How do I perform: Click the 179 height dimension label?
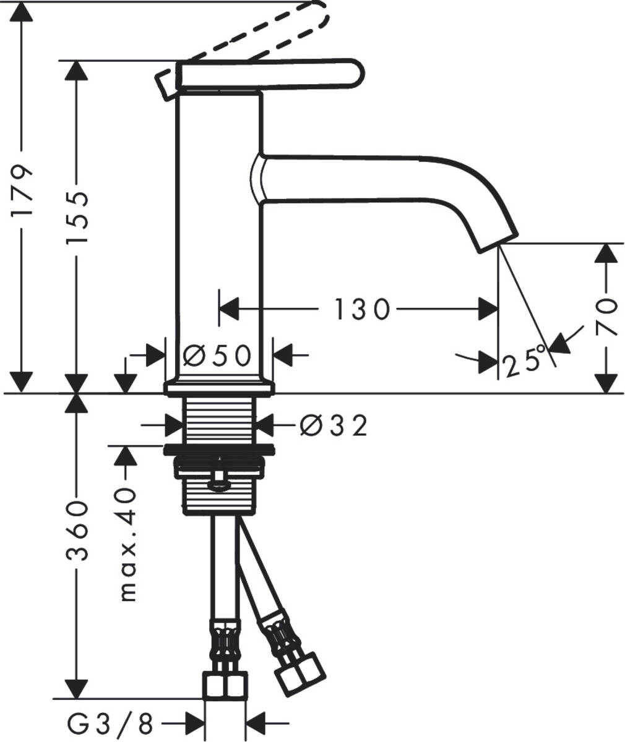click(x=23, y=190)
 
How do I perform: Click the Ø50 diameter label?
click(x=218, y=356)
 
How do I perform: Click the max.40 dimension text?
click(x=127, y=544)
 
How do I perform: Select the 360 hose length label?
click(x=77, y=531)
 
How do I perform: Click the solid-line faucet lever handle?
click(x=266, y=74)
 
